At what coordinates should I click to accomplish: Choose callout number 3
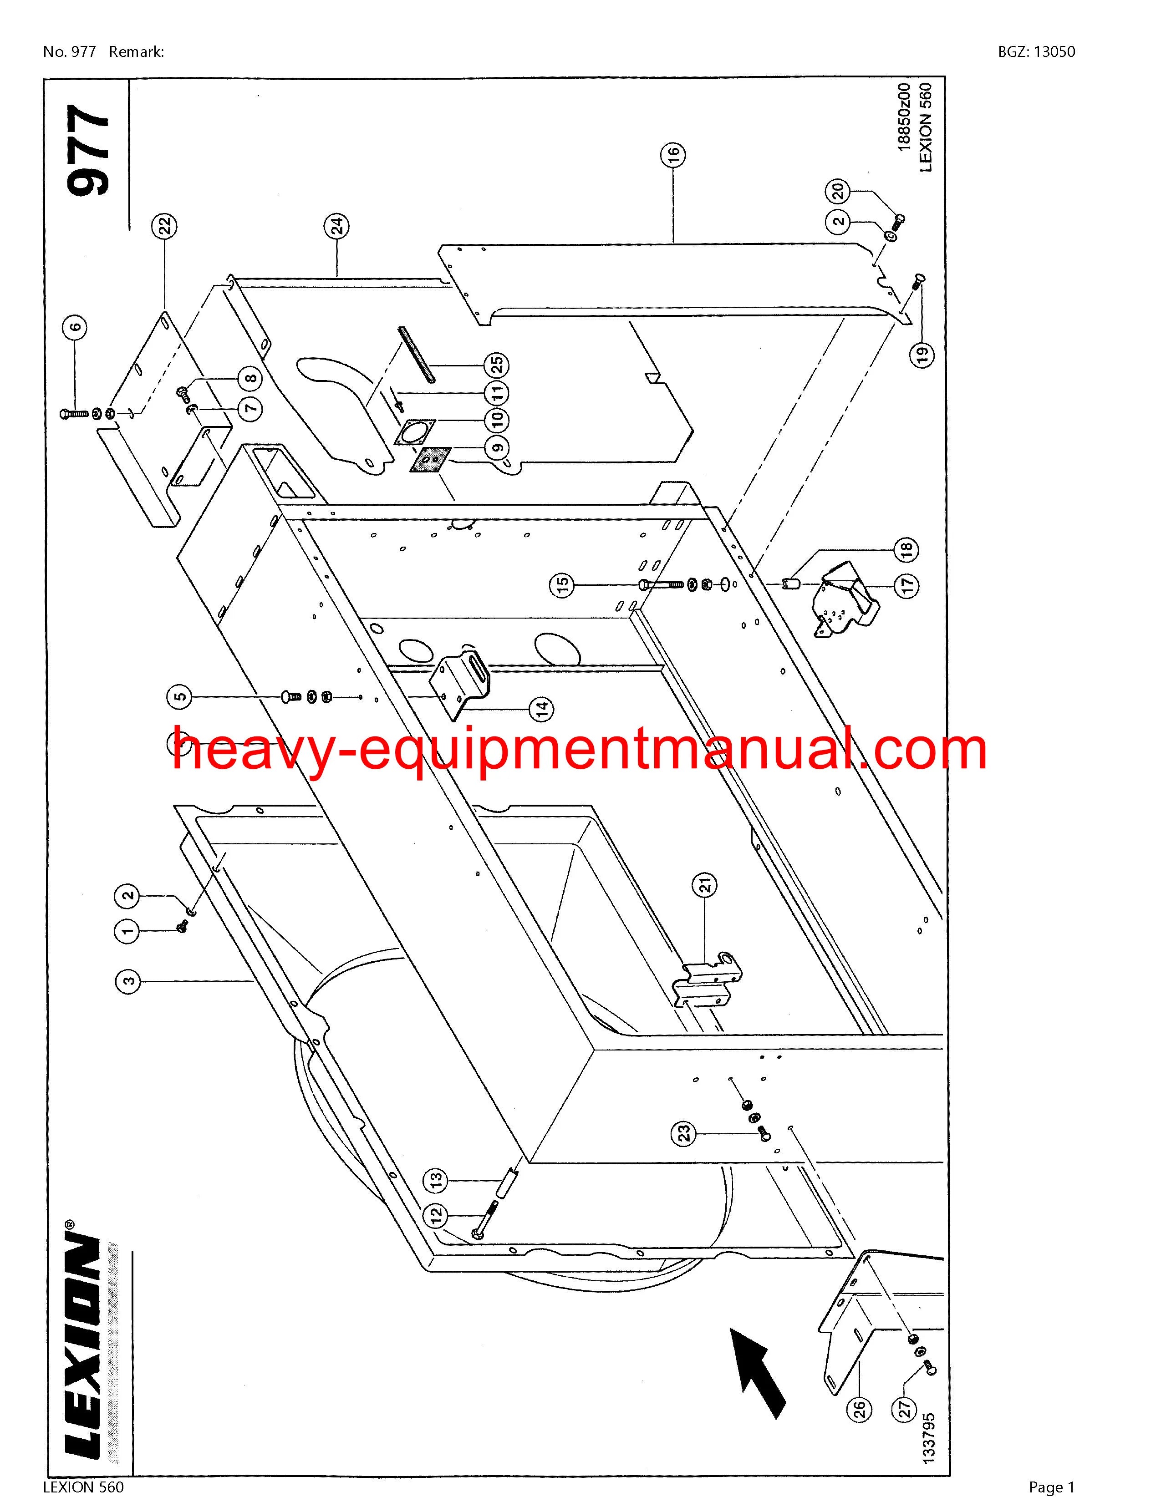click(x=128, y=981)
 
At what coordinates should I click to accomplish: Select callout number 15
click(x=563, y=586)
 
